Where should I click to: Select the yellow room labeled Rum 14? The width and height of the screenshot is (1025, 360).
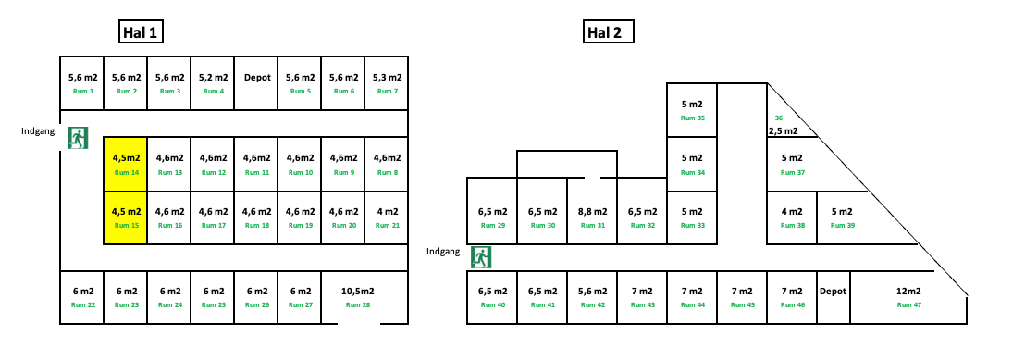[x=125, y=163]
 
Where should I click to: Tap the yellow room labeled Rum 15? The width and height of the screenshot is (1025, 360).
[x=125, y=217]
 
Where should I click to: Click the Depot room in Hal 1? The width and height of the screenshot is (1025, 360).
[x=257, y=83]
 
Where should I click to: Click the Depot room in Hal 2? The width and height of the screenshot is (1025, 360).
[x=833, y=297]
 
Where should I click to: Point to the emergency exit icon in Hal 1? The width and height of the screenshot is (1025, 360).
[x=77, y=138]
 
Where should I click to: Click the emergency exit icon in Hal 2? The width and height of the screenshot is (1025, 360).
[x=480, y=256]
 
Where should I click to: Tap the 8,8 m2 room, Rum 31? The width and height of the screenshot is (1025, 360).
[x=592, y=217]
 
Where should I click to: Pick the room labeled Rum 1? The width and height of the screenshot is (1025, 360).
[x=81, y=83]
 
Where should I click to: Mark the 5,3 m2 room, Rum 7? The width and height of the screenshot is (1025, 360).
[x=387, y=83]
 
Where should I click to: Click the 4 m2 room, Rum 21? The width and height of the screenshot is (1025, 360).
[x=387, y=217]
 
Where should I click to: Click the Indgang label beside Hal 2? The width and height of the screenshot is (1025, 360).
[x=443, y=251]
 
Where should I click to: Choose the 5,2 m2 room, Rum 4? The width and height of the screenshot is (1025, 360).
[x=213, y=83]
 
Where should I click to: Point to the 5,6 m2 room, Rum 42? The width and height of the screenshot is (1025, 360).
[x=592, y=297]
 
